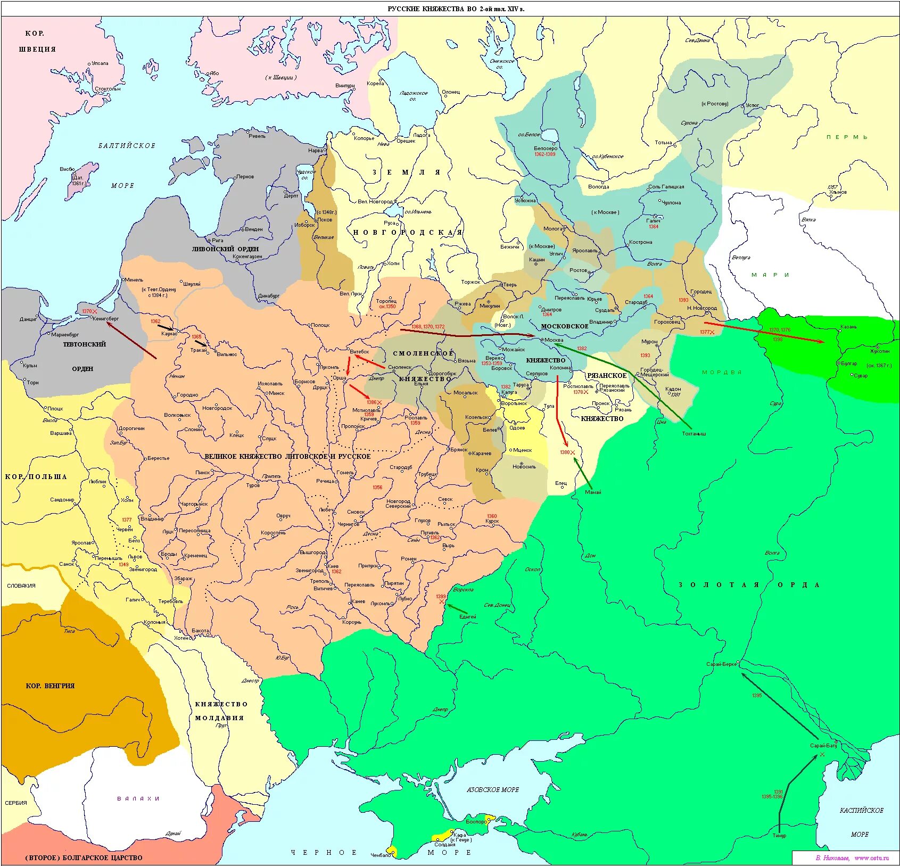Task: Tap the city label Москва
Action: tap(554, 340)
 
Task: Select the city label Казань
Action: tap(848, 326)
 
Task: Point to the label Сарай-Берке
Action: tap(721, 664)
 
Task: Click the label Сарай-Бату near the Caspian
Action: tap(823, 745)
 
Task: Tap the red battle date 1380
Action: tap(565, 452)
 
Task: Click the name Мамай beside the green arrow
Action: tap(593, 492)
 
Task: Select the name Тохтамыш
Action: tap(694, 433)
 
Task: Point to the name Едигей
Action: tap(468, 616)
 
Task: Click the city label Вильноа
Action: tap(227, 354)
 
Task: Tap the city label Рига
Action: tap(217, 240)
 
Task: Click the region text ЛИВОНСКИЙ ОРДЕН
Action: tap(225, 249)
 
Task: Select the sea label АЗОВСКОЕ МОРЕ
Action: tap(492, 790)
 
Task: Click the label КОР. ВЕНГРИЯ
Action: tap(50, 686)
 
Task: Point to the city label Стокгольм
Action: tap(108, 88)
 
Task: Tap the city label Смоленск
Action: tap(400, 367)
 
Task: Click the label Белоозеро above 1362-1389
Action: tap(546, 149)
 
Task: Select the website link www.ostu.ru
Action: tap(871, 857)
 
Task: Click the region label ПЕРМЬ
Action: tap(847, 137)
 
